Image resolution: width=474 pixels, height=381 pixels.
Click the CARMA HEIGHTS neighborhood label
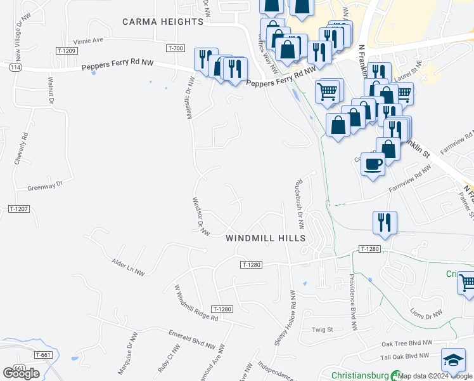pos(163,22)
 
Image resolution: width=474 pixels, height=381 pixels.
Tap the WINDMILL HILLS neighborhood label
pos(266,238)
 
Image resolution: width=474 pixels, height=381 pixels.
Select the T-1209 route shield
pos(66,50)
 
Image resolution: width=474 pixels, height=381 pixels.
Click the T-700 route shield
pos(176,48)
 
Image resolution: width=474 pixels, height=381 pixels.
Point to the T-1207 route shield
pos(20,208)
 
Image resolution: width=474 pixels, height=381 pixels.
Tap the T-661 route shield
pos(44,355)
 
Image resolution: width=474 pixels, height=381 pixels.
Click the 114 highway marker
pos(14,67)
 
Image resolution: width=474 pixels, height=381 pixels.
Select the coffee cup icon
pos(373,163)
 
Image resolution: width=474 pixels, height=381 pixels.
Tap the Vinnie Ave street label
pos(88,40)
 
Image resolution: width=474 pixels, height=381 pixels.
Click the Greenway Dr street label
pos(46,186)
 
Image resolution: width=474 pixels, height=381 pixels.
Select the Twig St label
pos(322,330)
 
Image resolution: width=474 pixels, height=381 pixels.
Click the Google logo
pos(21,373)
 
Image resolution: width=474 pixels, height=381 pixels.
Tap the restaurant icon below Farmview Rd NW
pos(385,222)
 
